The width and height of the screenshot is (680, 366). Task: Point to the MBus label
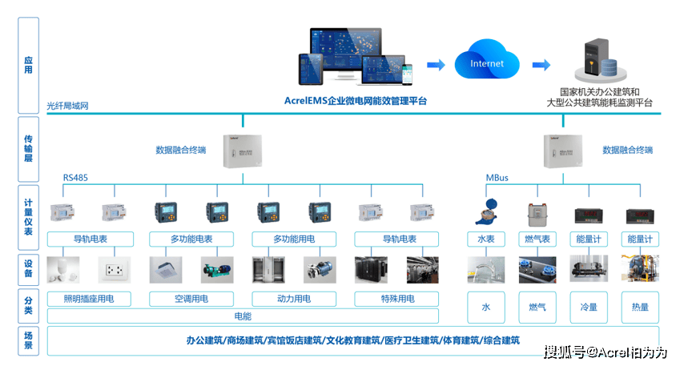(x=497, y=178)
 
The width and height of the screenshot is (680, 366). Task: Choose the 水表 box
(x=486, y=239)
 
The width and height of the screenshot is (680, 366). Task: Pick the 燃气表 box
(x=537, y=239)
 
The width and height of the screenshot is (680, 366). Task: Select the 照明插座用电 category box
(x=88, y=299)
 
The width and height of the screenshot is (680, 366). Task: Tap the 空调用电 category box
(x=191, y=299)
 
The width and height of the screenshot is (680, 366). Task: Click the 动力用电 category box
(x=293, y=299)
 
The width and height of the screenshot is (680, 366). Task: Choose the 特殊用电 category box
(x=397, y=299)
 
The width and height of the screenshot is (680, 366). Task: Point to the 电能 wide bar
(x=243, y=316)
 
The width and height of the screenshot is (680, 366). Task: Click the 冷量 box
(x=588, y=307)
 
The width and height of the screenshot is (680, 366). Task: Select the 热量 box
(x=640, y=307)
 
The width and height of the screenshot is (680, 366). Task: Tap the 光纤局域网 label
(x=67, y=106)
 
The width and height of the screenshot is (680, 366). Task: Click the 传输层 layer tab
(x=29, y=149)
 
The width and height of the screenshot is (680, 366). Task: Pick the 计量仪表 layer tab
(x=29, y=216)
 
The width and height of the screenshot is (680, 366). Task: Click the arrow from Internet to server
(x=542, y=65)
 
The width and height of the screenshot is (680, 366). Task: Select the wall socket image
(x=113, y=269)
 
